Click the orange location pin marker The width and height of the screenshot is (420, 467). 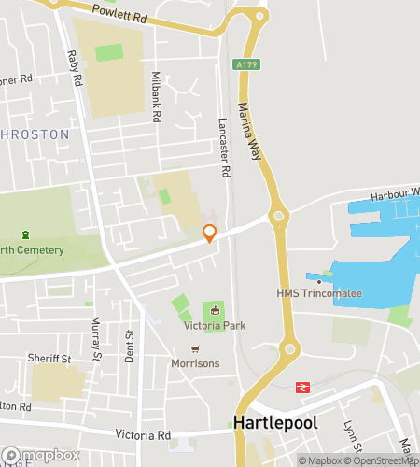(x=210, y=234)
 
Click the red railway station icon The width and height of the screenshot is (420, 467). (x=302, y=387)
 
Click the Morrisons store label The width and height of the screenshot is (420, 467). (x=195, y=362)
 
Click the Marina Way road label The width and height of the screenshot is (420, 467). (x=250, y=132)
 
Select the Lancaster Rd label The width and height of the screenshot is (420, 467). (x=224, y=149)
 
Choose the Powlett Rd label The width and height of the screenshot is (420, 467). (x=120, y=13)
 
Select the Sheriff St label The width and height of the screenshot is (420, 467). (x=49, y=359)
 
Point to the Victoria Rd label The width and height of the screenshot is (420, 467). (x=143, y=435)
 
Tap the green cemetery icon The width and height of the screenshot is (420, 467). (x=25, y=234)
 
